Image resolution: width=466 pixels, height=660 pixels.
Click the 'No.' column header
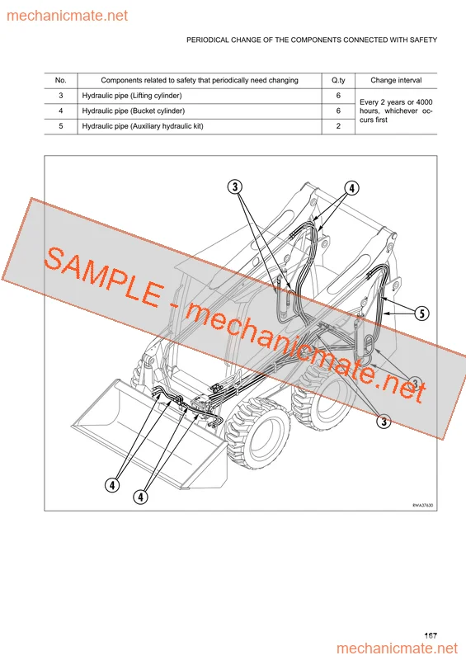pos(60,81)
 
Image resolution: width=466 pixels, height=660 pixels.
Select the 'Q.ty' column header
pos(338,81)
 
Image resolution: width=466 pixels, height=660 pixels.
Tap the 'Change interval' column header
pos(396,81)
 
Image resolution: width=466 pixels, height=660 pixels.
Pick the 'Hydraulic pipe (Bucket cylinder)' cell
pos(133,111)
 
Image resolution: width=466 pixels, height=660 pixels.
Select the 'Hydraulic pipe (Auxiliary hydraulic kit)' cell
pos(142,126)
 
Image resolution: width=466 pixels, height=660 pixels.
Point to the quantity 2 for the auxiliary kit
pos(338,126)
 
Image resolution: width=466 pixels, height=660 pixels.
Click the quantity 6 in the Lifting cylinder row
pos(338,96)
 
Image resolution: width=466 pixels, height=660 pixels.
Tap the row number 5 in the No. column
pos(60,126)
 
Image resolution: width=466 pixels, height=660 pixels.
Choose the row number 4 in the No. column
pos(60,111)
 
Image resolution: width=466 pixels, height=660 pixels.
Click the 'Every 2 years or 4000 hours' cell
pos(396,110)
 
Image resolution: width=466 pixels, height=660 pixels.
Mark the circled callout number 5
pos(421,313)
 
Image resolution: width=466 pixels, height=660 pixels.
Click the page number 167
pos(431,635)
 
